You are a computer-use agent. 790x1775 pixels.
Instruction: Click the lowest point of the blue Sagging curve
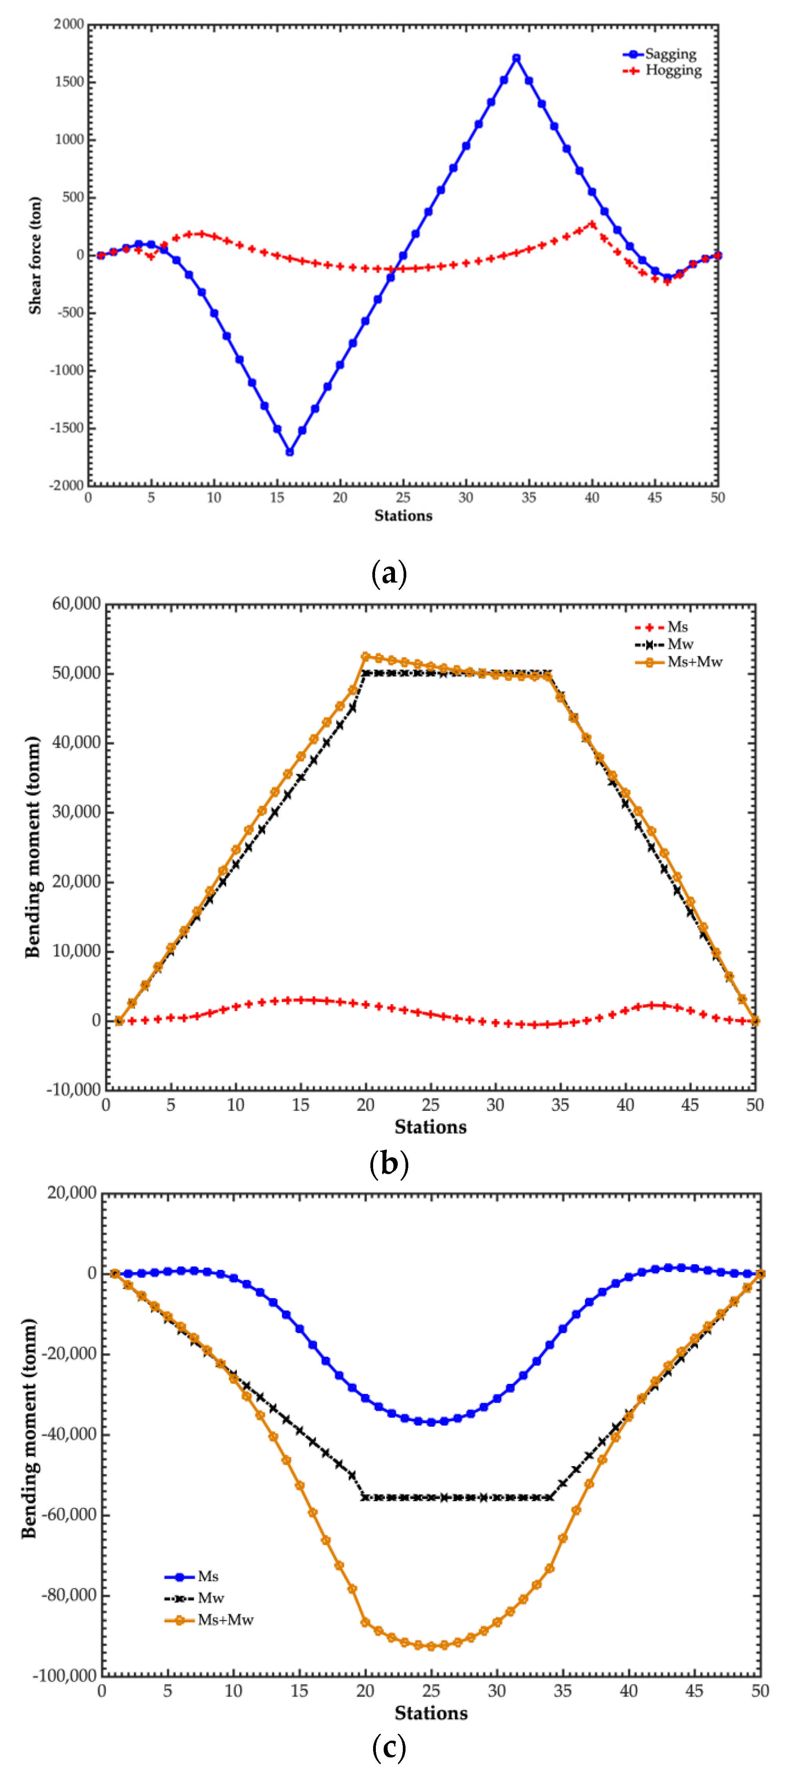290,452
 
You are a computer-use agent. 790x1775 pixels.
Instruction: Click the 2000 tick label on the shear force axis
69,25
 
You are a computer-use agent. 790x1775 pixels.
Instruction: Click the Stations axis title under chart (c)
431,1713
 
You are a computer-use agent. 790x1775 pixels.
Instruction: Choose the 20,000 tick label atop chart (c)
71,1193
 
